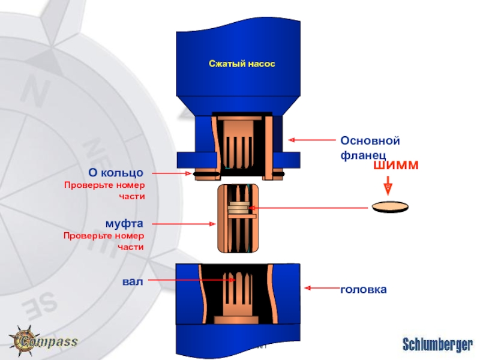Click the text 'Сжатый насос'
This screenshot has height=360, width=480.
coord(241,63)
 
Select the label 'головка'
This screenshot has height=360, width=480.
coord(364,289)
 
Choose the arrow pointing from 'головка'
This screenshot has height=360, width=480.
coord(321,288)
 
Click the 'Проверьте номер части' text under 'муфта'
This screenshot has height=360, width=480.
coord(105,241)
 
